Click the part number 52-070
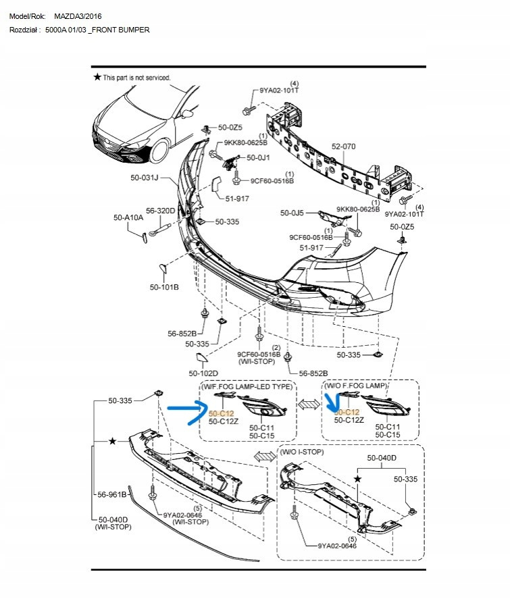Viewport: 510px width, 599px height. tap(342, 146)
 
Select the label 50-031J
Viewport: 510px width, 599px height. tap(144, 178)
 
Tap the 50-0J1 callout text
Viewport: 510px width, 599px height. tap(258, 157)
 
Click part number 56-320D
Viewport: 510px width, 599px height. tap(161, 211)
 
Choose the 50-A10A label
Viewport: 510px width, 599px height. tap(128, 217)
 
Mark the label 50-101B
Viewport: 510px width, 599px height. tap(164, 287)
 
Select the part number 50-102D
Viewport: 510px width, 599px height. tap(203, 373)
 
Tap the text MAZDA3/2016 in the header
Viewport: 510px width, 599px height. tap(78, 16)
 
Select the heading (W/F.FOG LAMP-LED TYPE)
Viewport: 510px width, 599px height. tap(247, 387)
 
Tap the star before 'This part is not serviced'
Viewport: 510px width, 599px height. tap(97, 78)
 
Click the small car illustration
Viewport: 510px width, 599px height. tap(142, 128)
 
